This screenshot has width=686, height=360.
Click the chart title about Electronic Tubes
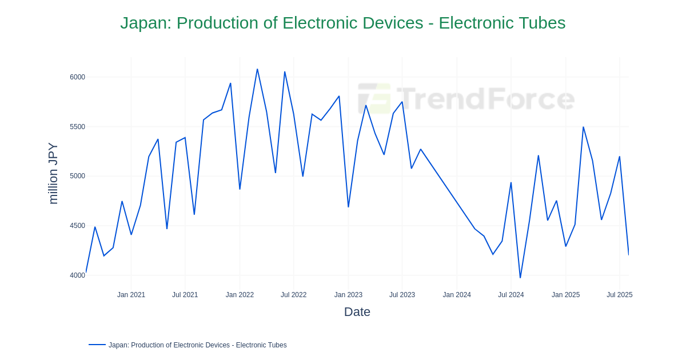coord(342,23)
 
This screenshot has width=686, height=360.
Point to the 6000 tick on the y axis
coord(77,77)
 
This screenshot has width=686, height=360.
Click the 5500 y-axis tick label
coord(77,127)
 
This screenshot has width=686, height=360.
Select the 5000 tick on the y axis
coord(77,176)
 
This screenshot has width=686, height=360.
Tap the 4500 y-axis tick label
coord(77,226)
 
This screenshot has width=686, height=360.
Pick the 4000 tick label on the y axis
coord(77,275)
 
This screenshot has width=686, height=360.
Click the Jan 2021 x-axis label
coord(131,295)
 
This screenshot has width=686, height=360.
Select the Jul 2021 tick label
coord(185,295)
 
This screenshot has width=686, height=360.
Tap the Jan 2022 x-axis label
coord(240,295)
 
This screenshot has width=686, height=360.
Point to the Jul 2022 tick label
coord(293,295)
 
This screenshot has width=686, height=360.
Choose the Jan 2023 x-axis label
coord(348,295)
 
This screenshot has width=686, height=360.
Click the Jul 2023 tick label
coord(402,295)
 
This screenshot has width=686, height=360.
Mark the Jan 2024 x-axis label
coord(457,295)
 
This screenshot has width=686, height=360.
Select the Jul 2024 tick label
coord(510,295)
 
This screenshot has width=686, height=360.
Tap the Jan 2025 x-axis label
coord(565,295)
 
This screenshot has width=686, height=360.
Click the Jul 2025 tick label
coord(619,295)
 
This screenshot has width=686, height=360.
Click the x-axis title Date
coord(357,312)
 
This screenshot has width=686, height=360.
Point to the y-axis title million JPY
coord(53,173)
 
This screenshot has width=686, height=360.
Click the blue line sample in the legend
coord(97,345)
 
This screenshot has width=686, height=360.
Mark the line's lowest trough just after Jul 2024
coord(520,278)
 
